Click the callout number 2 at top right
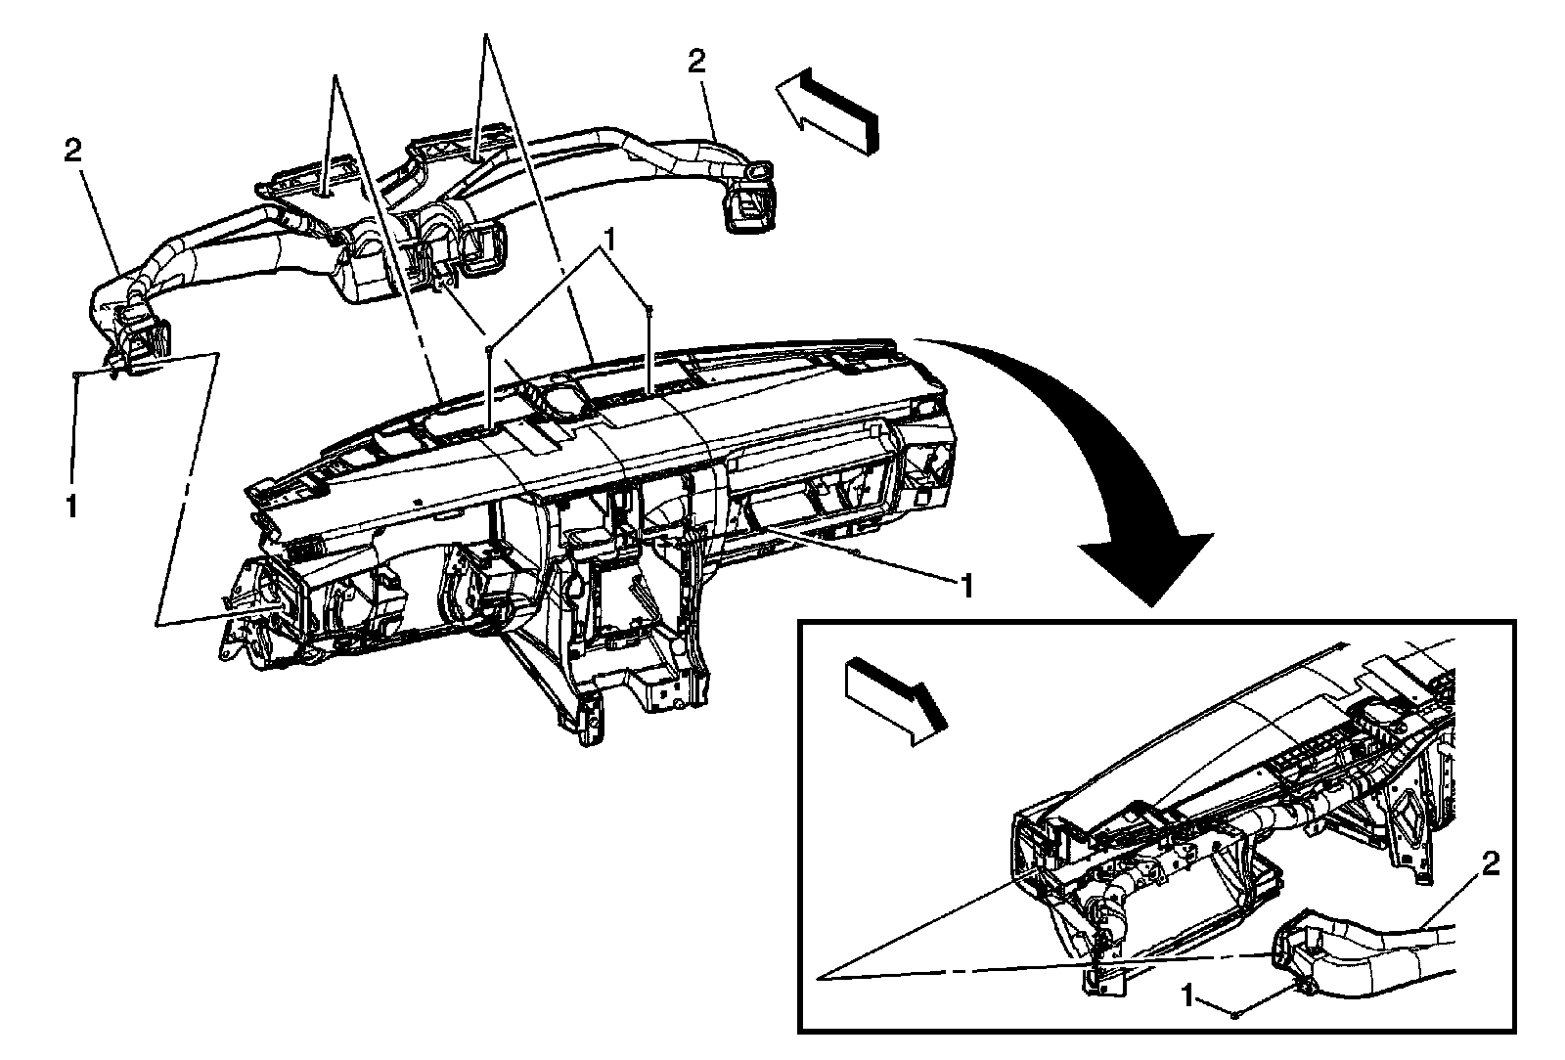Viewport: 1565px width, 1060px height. [695, 63]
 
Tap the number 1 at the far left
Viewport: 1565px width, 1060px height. [71, 505]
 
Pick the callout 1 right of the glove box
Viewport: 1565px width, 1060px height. [966, 585]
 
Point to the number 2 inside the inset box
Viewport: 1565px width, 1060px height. [1491, 863]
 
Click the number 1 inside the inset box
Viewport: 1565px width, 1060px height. [1187, 996]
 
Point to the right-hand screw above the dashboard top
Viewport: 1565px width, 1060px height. [648, 309]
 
